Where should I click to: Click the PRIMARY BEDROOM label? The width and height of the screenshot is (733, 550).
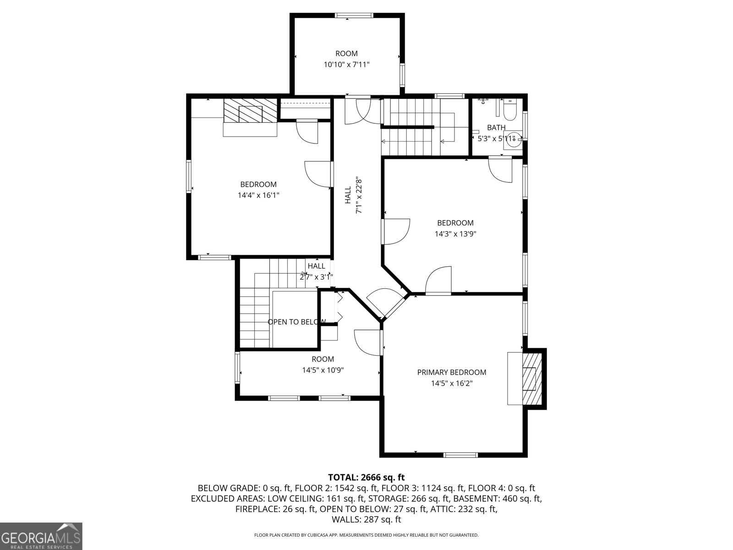(452, 372)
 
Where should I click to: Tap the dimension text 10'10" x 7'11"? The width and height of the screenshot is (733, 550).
(347, 65)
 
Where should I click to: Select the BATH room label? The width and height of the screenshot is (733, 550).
(496, 127)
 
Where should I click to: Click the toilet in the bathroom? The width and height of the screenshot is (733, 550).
(510, 110)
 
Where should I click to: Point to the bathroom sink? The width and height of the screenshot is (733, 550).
(513, 138)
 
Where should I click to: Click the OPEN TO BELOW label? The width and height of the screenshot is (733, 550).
(296, 322)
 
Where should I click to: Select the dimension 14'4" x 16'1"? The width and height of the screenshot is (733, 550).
(258, 195)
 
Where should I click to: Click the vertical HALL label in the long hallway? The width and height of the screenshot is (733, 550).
(348, 195)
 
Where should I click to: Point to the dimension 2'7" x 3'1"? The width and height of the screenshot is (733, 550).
(316, 277)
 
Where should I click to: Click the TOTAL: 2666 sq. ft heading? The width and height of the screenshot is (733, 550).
(366, 477)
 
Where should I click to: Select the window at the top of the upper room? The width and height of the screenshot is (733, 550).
(354, 16)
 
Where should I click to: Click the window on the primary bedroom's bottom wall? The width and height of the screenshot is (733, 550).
(460, 455)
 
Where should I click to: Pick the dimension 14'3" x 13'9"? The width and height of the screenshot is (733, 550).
(455, 234)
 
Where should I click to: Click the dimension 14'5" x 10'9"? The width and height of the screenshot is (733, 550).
(323, 370)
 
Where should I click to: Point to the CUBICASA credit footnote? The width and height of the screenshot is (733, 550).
(366, 535)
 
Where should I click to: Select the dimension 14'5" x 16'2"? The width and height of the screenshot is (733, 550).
(452, 383)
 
